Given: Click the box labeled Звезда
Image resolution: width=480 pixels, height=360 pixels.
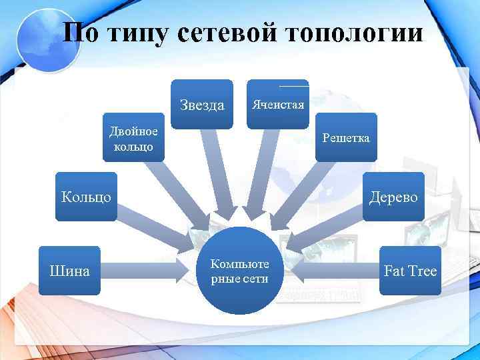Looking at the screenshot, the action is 202,104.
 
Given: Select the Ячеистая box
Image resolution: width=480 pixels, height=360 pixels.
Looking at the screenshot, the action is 277,104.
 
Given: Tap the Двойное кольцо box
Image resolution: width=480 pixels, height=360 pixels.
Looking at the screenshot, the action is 133,138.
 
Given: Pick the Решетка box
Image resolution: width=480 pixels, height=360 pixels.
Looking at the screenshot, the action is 346,138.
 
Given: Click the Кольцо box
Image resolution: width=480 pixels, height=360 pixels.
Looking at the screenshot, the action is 87,197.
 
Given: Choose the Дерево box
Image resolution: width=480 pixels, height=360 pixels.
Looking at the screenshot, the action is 393,197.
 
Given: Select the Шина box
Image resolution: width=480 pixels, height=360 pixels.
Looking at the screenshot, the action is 70,271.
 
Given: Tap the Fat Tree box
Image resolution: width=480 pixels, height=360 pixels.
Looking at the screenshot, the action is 410,271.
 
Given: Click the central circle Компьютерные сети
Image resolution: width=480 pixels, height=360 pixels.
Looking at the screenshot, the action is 240,271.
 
